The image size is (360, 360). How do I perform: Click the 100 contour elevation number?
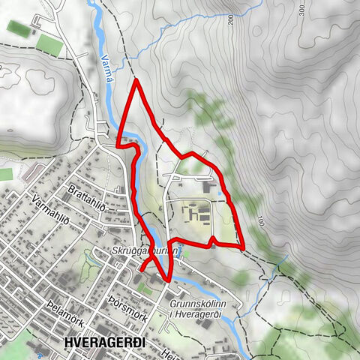click(259, 222)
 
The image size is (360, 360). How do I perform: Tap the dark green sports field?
click(17, 28)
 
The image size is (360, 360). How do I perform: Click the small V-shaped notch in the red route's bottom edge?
click(214, 239)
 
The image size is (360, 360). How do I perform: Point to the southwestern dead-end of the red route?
click(141, 268)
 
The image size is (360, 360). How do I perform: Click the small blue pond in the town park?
click(93, 259)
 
